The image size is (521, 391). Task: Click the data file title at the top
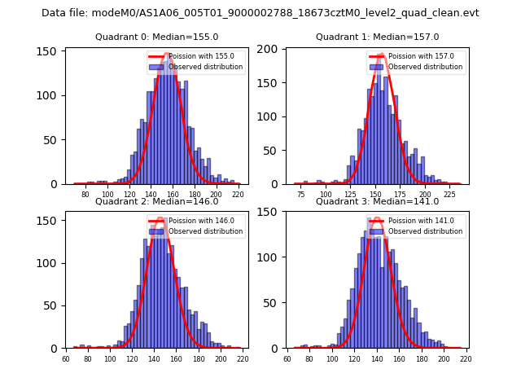(x=260, y=13)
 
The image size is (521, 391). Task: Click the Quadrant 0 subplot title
(x=157, y=37)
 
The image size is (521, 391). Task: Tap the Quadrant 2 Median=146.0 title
(x=157, y=201)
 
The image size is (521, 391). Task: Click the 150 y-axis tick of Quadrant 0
(x=48, y=51)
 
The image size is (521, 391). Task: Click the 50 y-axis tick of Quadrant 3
(x=271, y=303)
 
